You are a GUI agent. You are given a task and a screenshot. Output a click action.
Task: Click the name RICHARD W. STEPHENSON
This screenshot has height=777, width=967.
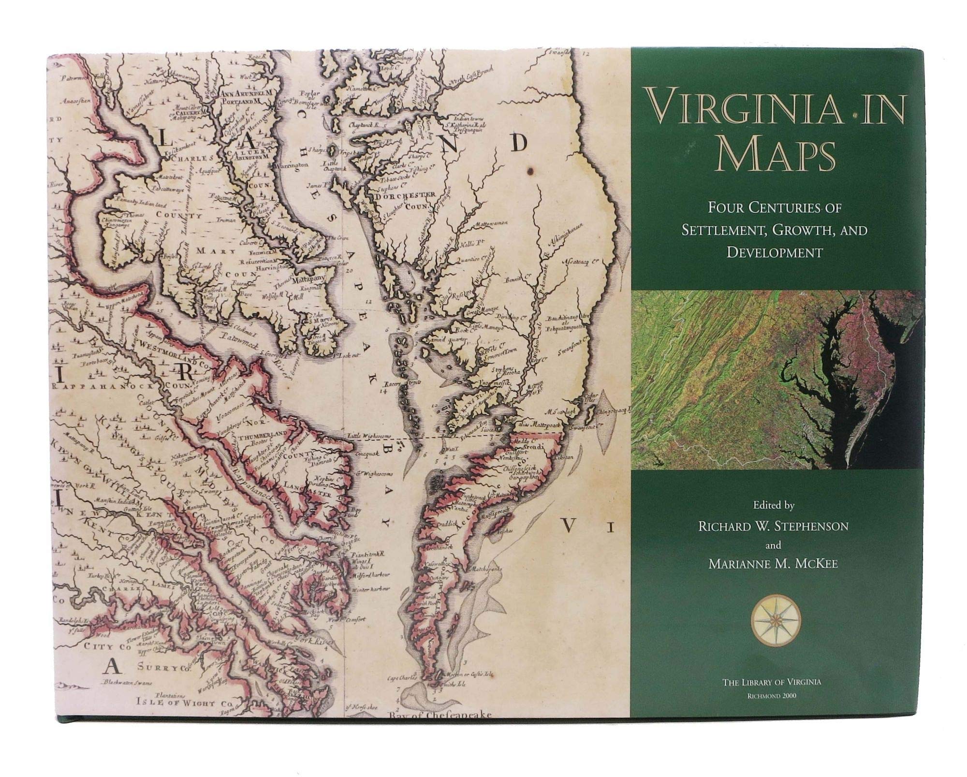[x=773, y=526]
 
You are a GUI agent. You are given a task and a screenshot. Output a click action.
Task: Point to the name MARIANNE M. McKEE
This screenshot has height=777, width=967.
[x=773, y=564]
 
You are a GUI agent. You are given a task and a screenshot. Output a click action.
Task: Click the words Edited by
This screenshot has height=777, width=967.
[x=773, y=506]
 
